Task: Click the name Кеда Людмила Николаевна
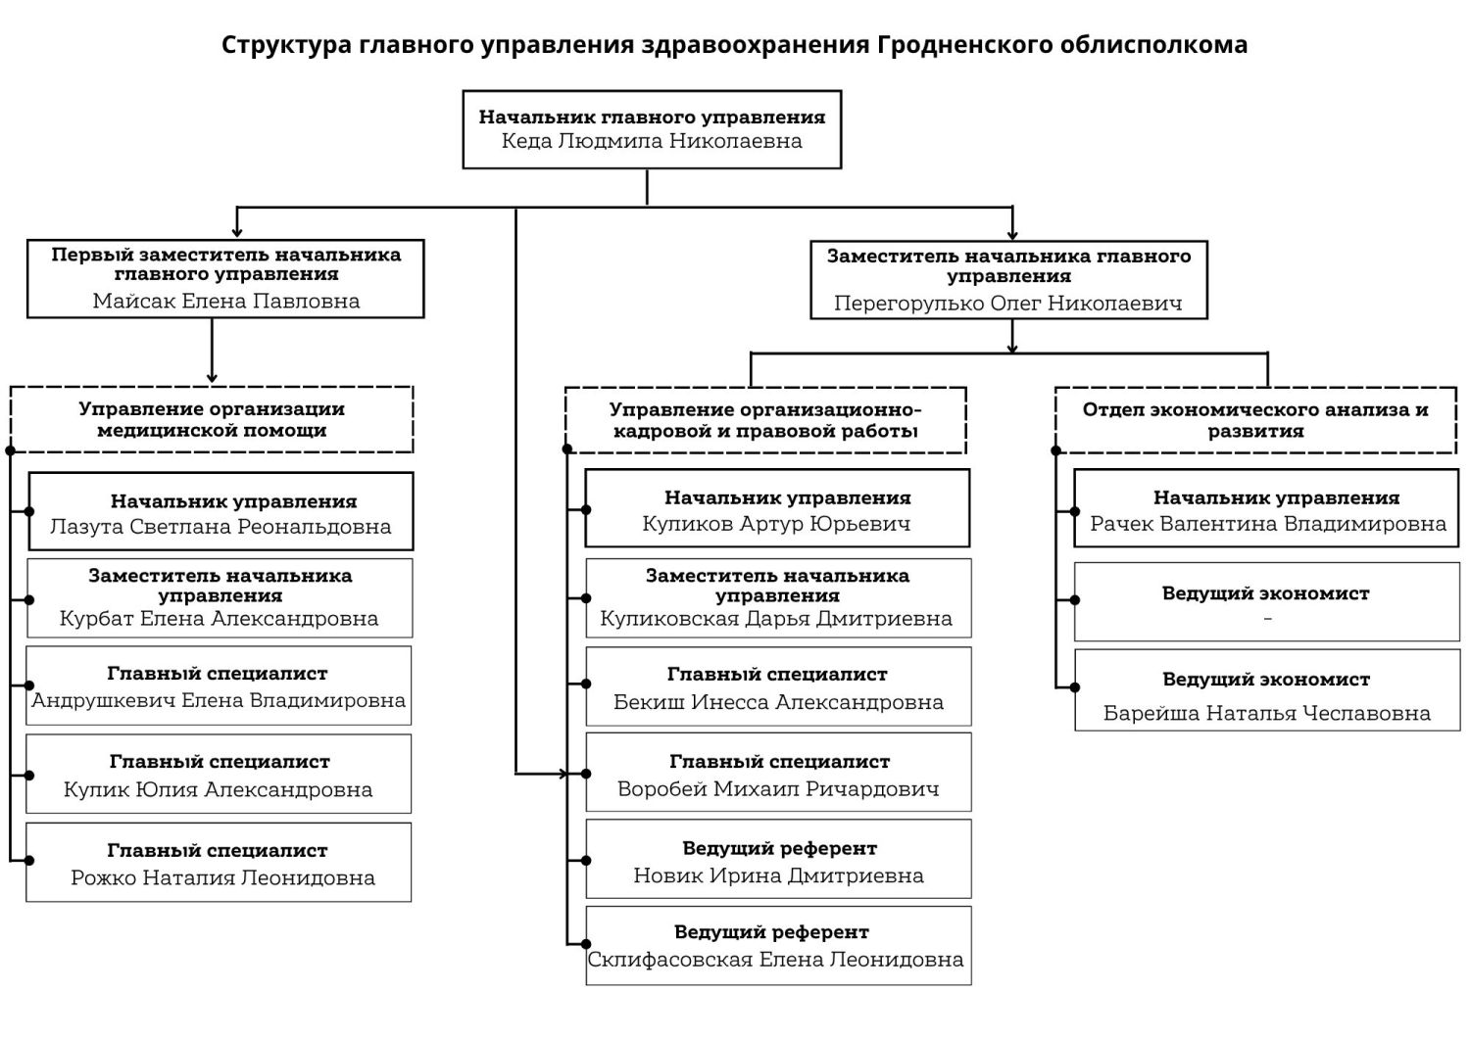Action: (x=652, y=141)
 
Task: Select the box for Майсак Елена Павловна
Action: (x=225, y=279)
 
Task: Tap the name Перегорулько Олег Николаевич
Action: (x=1008, y=304)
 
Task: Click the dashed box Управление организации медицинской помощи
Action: (x=212, y=420)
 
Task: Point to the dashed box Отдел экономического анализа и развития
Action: (x=1255, y=420)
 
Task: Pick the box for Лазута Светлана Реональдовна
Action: (x=220, y=511)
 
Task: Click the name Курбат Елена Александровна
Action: (x=220, y=619)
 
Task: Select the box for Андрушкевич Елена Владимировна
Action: (x=219, y=685)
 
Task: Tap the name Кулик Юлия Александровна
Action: (x=219, y=789)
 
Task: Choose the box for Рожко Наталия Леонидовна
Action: (x=219, y=862)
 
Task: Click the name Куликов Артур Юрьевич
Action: (x=776, y=524)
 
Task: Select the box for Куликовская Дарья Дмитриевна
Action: (x=778, y=597)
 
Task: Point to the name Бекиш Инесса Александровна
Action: (x=778, y=702)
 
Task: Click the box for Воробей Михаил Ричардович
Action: (x=778, y=772)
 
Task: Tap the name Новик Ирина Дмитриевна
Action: (x=778, y=875)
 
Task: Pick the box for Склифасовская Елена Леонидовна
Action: (x=778, y=945)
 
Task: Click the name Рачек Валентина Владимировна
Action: (x=1268, y=524)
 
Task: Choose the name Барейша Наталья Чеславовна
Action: (x=1267, y=713)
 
